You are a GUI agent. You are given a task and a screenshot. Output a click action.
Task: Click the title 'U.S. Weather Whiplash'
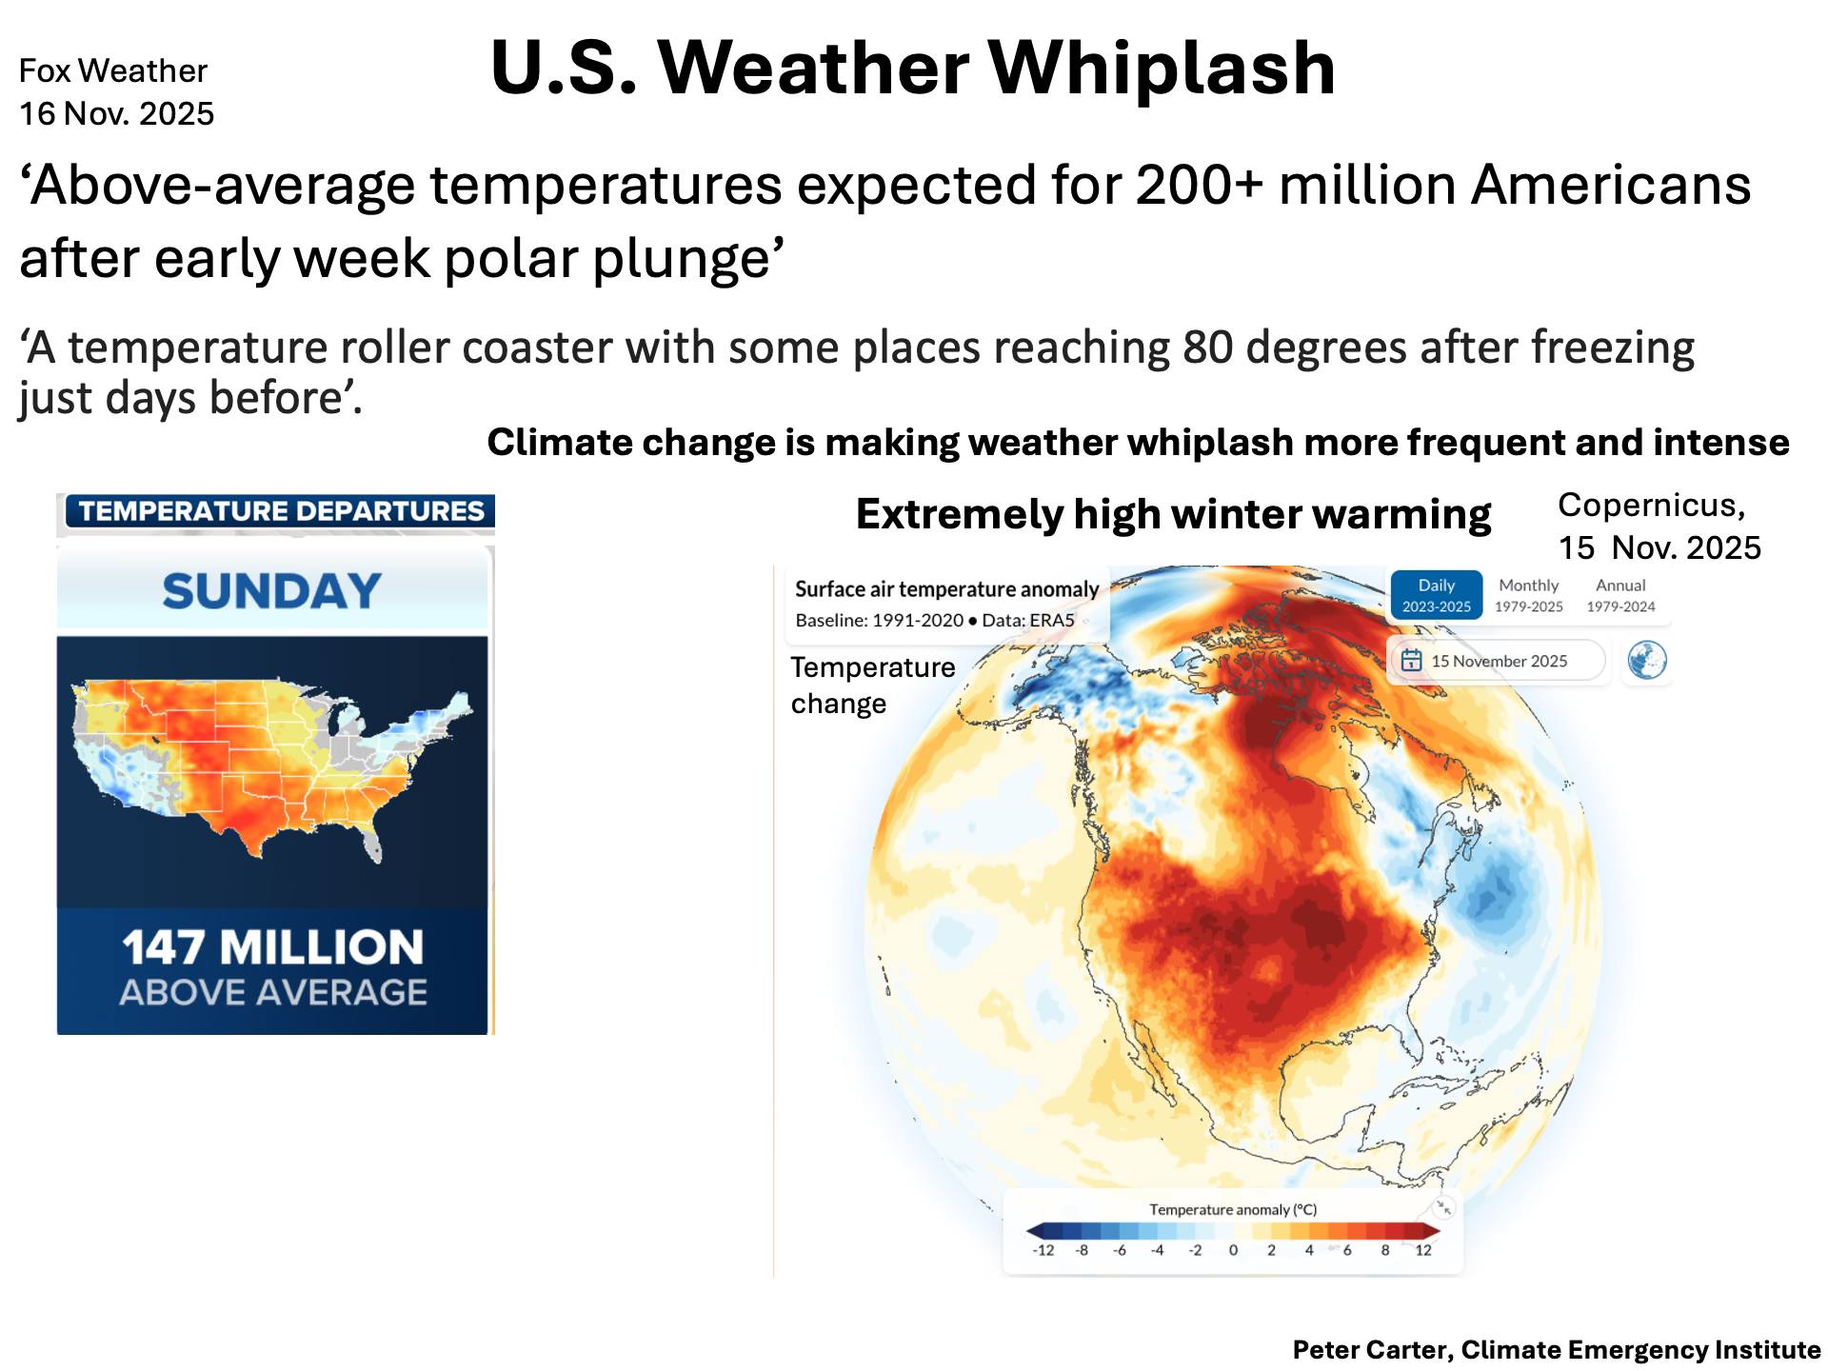point(913,69)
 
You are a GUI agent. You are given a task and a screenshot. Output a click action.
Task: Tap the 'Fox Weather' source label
point(113,70)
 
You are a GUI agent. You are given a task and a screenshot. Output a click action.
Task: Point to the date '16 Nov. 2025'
point(116,113)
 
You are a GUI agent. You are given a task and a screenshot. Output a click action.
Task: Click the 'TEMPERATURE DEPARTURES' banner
point(281,511)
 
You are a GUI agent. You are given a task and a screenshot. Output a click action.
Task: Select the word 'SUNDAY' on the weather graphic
point(272,591)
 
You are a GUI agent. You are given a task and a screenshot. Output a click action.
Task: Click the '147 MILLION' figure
point(272,947)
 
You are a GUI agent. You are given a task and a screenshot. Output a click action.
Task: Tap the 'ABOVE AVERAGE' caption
point(273,993)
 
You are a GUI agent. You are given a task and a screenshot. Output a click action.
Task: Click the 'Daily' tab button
point(1437,595)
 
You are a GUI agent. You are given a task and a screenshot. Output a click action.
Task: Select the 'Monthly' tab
point(1529,595)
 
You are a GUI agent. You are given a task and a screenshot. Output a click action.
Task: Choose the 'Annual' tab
point(1620,595)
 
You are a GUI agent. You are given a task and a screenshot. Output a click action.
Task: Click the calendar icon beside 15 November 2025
point(1412,661)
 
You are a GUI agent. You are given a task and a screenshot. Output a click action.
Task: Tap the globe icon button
point(1647,660)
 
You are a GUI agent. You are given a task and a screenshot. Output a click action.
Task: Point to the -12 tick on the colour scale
point(1043,1250)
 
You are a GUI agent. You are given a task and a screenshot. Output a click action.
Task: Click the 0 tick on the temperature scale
point(1233,1250)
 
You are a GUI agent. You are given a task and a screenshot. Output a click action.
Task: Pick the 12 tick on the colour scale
point(1423,1250)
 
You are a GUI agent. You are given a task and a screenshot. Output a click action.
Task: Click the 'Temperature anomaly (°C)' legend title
point(1233,1209)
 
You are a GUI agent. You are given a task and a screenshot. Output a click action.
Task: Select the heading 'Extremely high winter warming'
point(1173,515)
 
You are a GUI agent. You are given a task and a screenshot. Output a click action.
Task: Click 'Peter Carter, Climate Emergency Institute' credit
point(1557,1350)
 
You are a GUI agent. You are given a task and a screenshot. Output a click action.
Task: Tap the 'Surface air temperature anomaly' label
point(947,589)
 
